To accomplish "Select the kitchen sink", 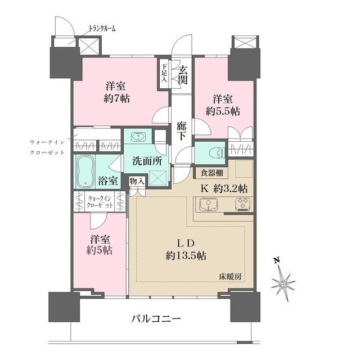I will tap(206, 205).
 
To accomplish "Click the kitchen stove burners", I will tap(242, 205).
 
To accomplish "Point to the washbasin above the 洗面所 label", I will tap(138, 138).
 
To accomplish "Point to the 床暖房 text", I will tap(231, 277).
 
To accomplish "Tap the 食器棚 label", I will tap(210, 172).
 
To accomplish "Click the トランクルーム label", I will tap(102, 29).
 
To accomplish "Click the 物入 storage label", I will tap(137, 181).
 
